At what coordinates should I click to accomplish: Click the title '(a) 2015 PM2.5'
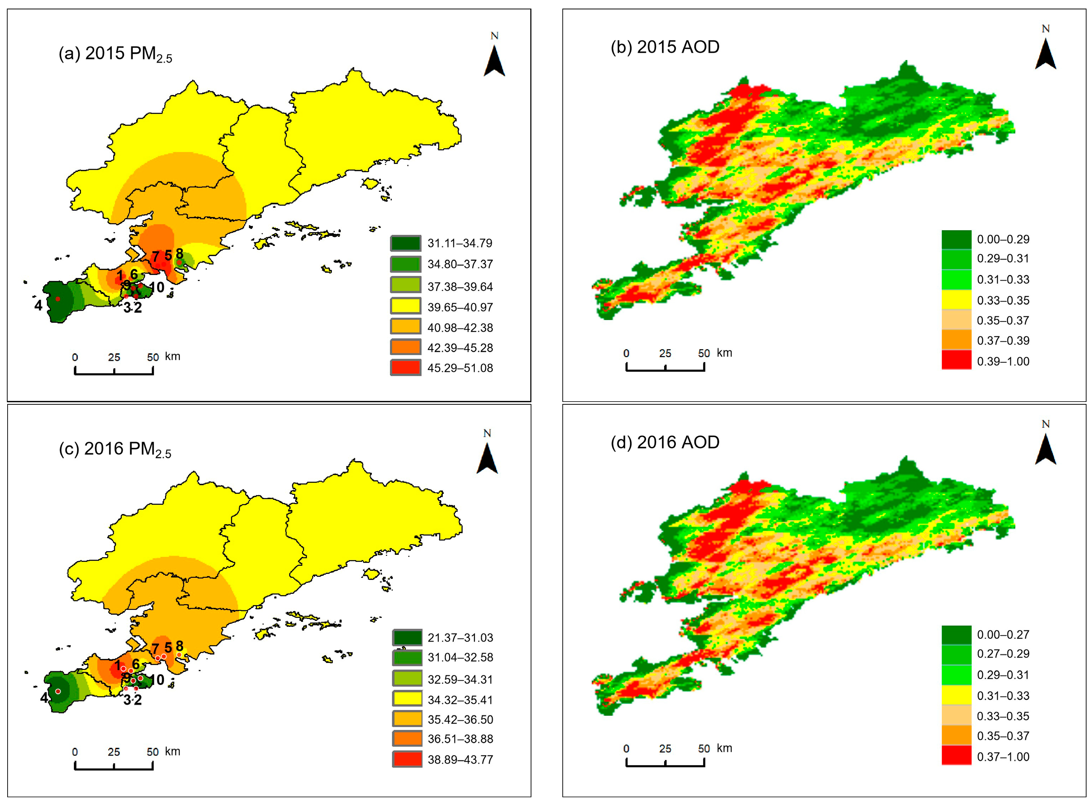[115, 54]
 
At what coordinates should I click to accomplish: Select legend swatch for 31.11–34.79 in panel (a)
[406, 243]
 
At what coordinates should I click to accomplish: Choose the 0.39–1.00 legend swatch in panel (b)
[955, 360]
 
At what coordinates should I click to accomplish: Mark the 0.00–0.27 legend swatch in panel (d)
[955, 634]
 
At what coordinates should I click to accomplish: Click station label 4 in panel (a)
[38, 305]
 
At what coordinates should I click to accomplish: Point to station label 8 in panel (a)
[179, 254]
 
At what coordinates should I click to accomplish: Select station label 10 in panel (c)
[156, 680]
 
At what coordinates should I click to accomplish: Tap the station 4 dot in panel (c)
[58, 691]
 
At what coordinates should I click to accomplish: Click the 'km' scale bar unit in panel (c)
[172, 751]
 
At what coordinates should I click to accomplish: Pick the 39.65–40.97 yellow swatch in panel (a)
[406, 306]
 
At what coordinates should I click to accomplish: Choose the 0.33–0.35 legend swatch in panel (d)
[955, 716]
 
